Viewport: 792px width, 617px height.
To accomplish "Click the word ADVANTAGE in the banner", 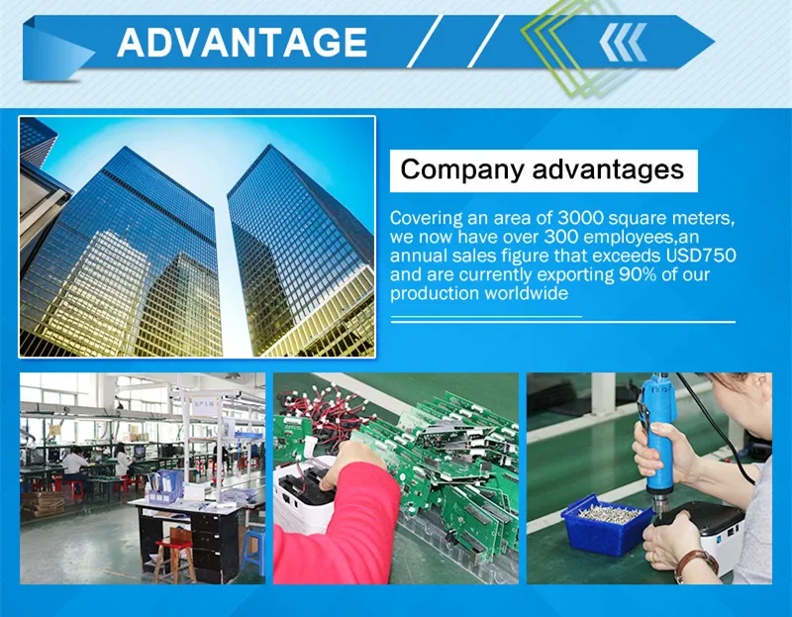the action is (x=242, y=43).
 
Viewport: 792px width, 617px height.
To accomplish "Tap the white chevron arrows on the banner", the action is (x=623, y=43).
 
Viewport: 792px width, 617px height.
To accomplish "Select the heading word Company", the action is (x=461, y=169).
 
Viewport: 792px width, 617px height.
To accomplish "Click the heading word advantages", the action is (x=608, y=169).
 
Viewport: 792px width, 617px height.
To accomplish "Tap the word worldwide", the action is (x=527, y=293).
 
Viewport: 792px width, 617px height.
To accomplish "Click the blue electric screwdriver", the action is (x=658, y=440).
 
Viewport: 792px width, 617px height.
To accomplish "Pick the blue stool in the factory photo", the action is (x=252, y=551).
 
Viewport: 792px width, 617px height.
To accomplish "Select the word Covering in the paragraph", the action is (x=427, y=218).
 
